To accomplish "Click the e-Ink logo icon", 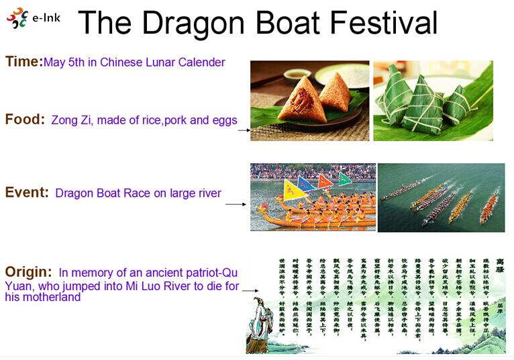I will pos(17,18).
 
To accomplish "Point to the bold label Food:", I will pos(25,120).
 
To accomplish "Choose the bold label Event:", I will pos(27,193).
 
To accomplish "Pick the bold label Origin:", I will pos(28,272).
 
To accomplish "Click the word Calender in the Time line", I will pos(201,62).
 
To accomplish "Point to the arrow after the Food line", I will pos(244,130).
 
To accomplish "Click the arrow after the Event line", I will pos(236,204).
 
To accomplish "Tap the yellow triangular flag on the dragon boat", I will pos(293,190).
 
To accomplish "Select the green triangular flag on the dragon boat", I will pos(344,179).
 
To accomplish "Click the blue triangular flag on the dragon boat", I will pos(306,183).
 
